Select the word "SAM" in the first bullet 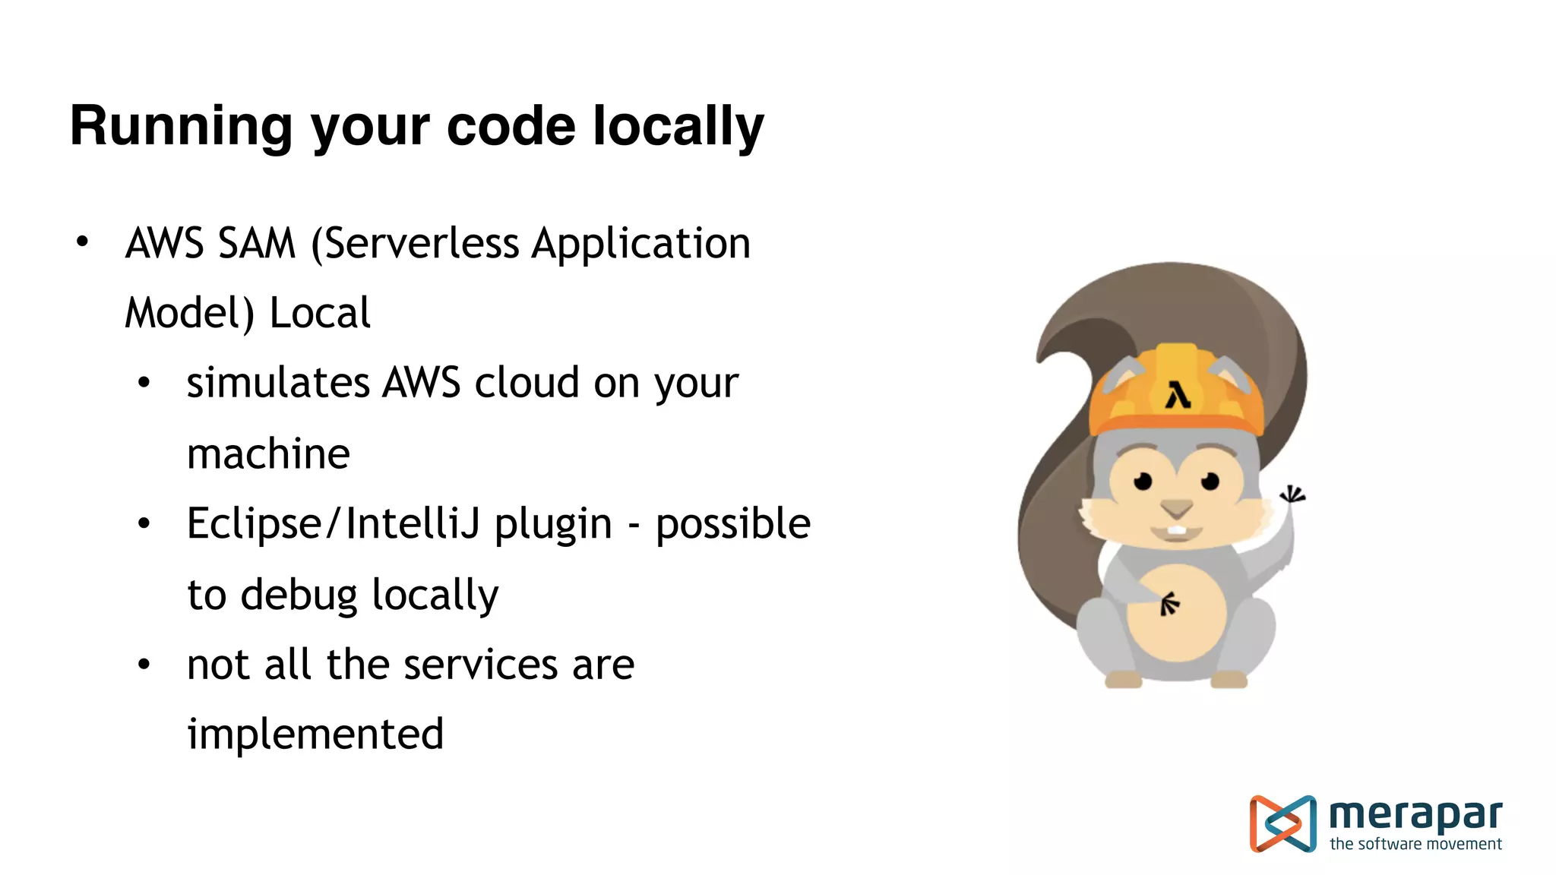point(256,244)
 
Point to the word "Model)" point(189,314)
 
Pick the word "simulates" point(277,382)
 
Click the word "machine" point(268,453)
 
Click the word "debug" point(299,595)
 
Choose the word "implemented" point(315,734)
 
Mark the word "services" point(481,665)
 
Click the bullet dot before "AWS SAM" point(82,242)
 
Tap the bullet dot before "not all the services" point(144,665)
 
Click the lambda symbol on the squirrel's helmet point(1178,396)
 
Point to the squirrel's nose point(1177,507)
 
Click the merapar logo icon point(1282,823)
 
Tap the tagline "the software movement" point(1415,844)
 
